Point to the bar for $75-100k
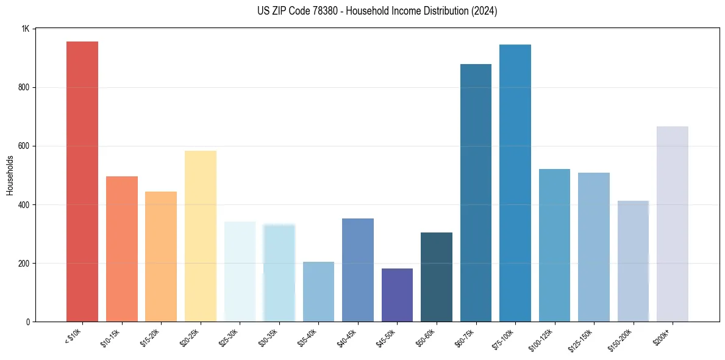click(515, 183)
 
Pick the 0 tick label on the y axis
click(28, 322)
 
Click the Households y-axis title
click(10, 175)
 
